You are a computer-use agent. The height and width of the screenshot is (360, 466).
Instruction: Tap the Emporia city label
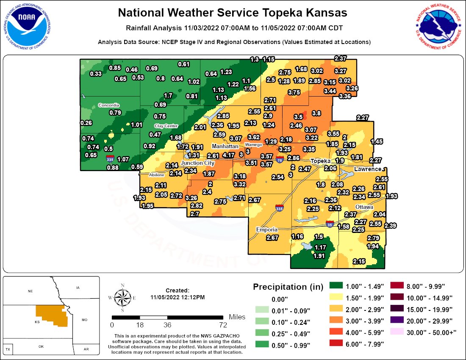(266, 230)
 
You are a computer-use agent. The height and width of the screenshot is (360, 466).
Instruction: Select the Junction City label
(197, 163)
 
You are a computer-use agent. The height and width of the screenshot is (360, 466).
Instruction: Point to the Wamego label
(254, 144)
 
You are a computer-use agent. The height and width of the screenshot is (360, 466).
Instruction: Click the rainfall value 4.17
(228, 155)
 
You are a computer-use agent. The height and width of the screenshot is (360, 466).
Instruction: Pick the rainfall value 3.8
(316, 113)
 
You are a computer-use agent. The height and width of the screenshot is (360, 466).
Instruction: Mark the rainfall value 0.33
(96, 74)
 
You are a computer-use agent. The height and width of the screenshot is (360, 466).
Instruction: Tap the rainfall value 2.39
(390, 226)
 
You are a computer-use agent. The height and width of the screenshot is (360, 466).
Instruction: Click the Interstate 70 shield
(279, 160)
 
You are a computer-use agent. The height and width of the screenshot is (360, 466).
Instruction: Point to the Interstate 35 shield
(330, 224)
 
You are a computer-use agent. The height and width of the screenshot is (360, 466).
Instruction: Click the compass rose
(122, 298)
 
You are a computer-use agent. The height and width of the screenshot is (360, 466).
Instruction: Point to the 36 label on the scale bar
(167, 325)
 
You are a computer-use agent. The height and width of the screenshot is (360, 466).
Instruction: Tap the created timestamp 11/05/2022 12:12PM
(178, 297)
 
